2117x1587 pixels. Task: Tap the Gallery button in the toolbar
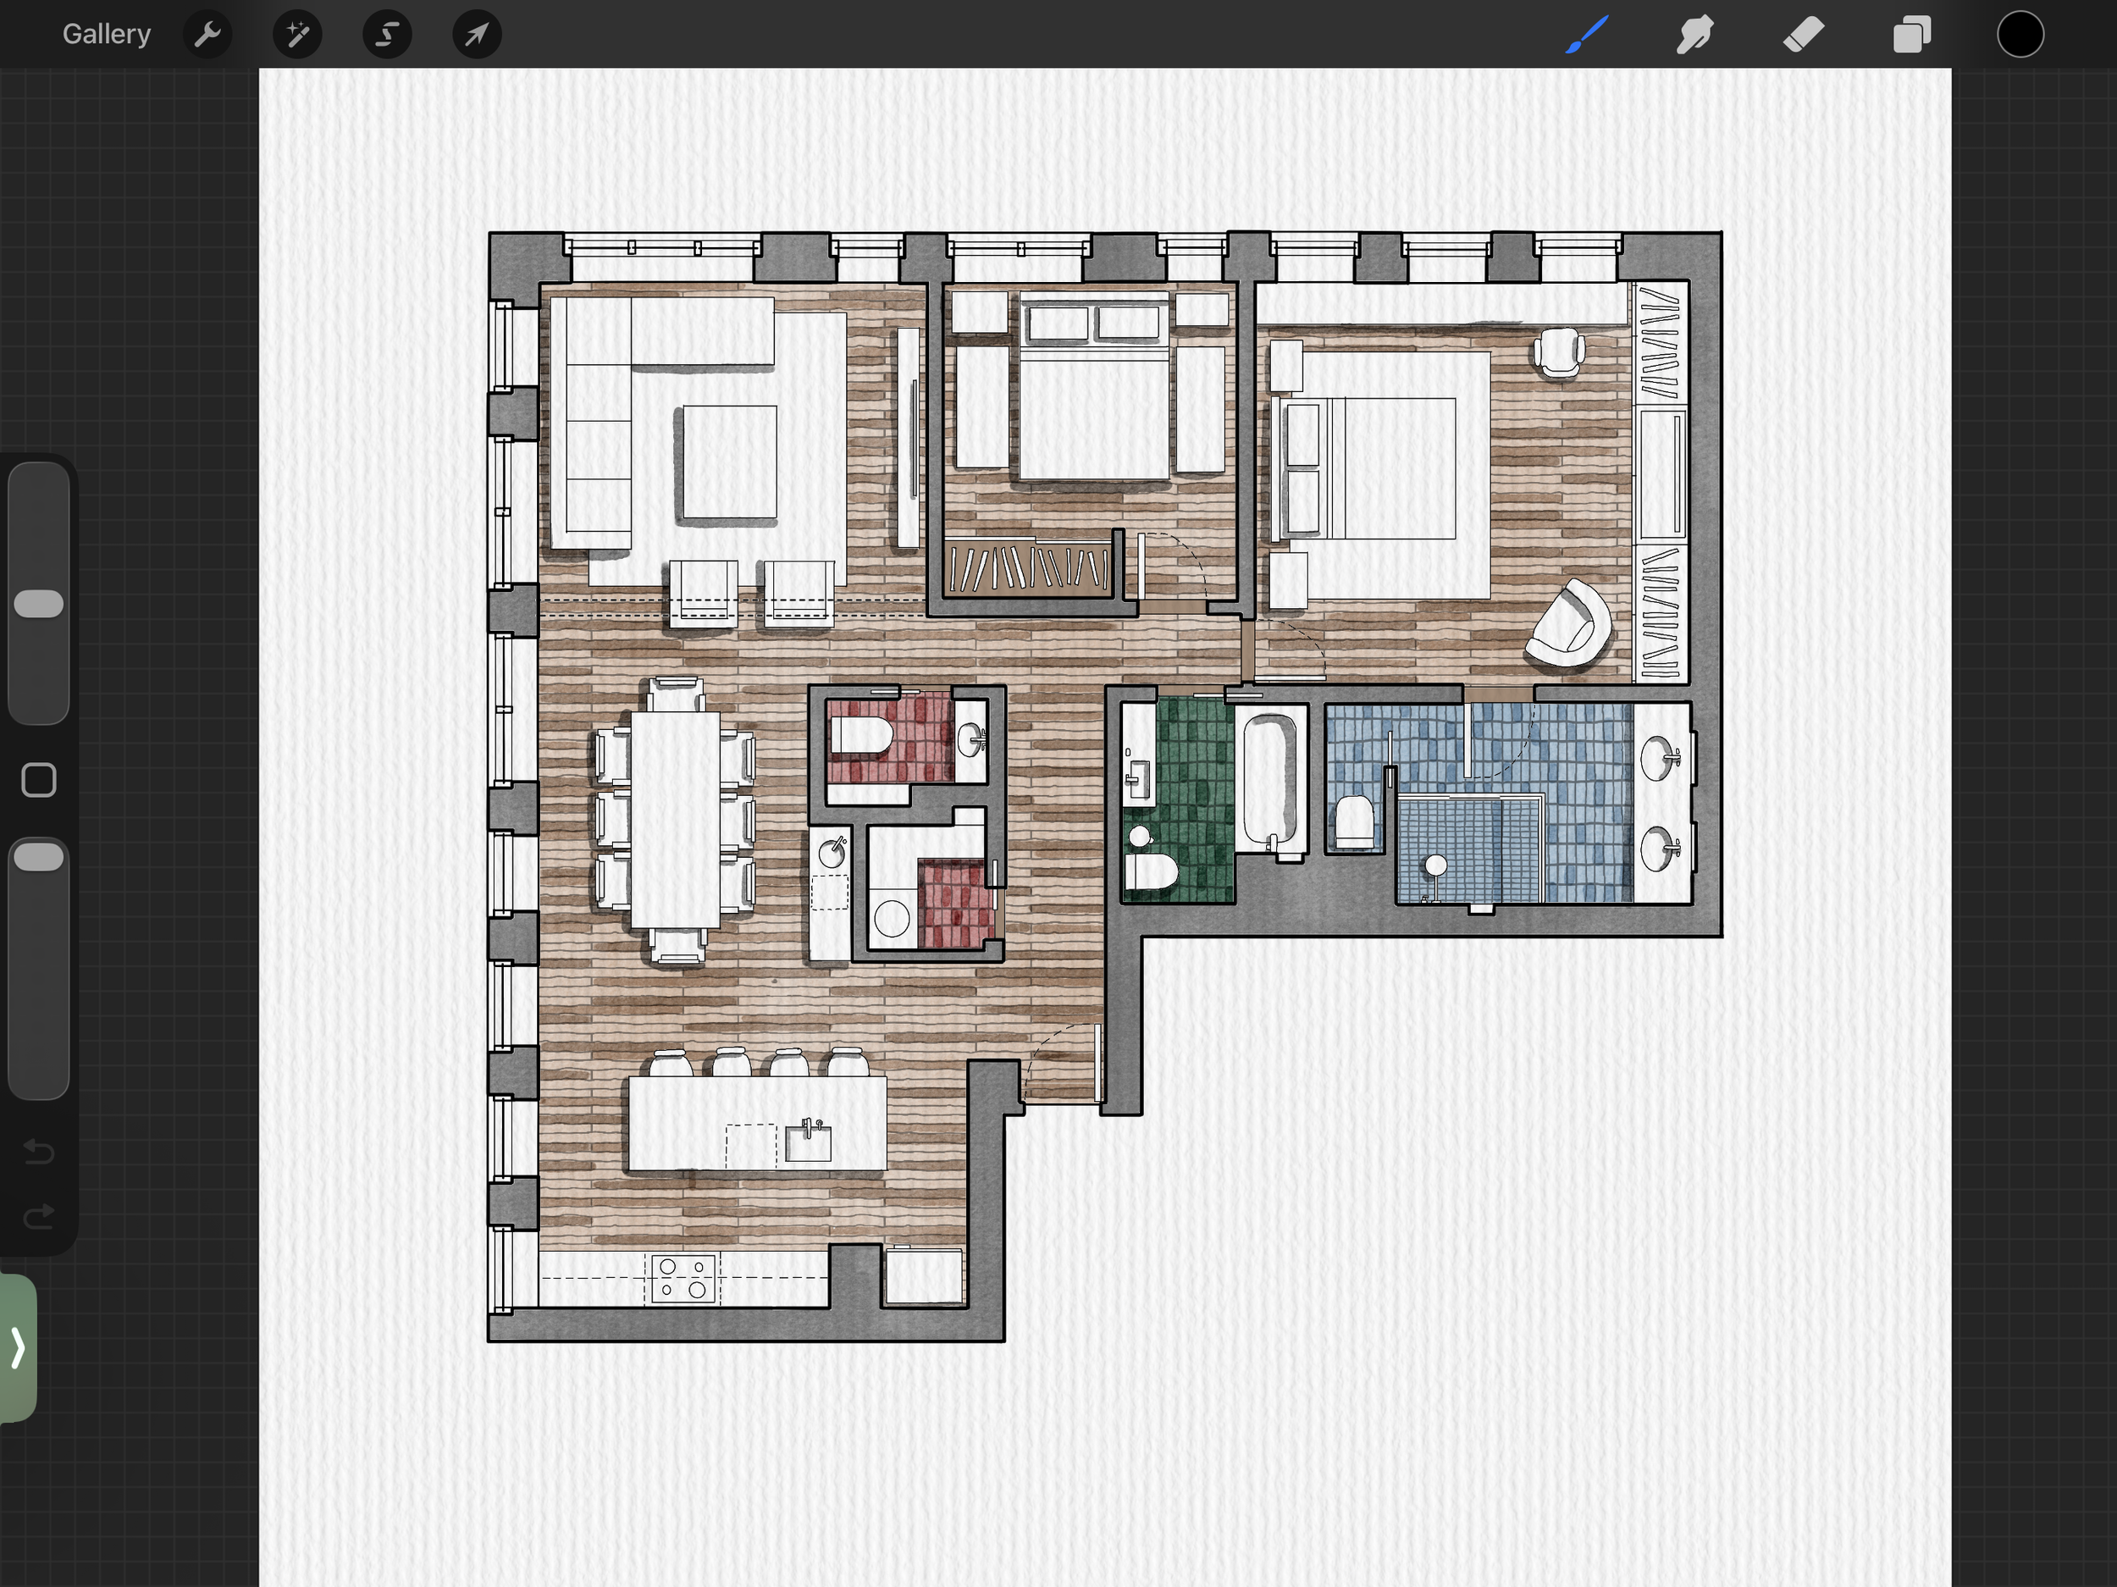[x=106, y=35]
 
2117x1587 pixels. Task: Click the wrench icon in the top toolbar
[x=207, y=35]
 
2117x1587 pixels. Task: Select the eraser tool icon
[x=1803, y=35]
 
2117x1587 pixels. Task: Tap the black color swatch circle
[x=2020, y=35]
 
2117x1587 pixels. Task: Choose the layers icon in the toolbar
[x=1911, y=35]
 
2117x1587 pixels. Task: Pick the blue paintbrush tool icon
[x=1587, y=35]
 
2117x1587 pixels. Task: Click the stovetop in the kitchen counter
[x=683, y=1278]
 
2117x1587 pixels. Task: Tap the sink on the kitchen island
[x=808, y=1141]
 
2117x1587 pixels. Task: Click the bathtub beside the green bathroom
[x=1270, y=781]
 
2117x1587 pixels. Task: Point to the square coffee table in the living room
[x=729, y=462]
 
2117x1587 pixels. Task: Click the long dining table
[x=675, y=820]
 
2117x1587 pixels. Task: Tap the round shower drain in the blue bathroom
[x=1435, y=865]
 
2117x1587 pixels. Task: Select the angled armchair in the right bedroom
[x=1568, y=624]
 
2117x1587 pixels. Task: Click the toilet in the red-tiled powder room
[x=861, y=737]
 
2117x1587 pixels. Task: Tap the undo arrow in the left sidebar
[x=38, y=1151]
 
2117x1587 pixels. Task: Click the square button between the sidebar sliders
[x=38, y=780]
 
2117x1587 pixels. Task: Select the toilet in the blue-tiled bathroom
[x=1354, y=821]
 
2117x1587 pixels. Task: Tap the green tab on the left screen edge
[x=18, y=1347]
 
